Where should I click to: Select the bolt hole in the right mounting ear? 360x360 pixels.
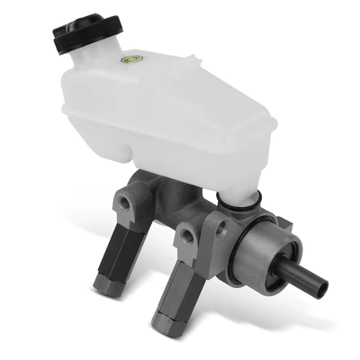190,238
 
